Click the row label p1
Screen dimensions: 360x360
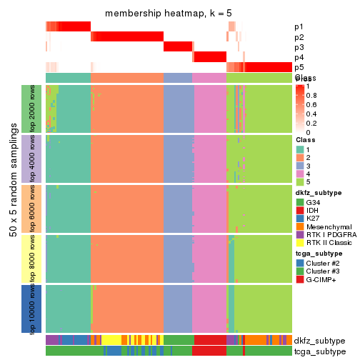(x=299, y=26)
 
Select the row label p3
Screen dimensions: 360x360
(x=299, y=47)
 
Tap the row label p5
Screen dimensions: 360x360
(x=299, y=67)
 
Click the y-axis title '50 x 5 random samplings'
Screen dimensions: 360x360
(x=14, y=208)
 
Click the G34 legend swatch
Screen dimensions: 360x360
(x=300, y=202)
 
